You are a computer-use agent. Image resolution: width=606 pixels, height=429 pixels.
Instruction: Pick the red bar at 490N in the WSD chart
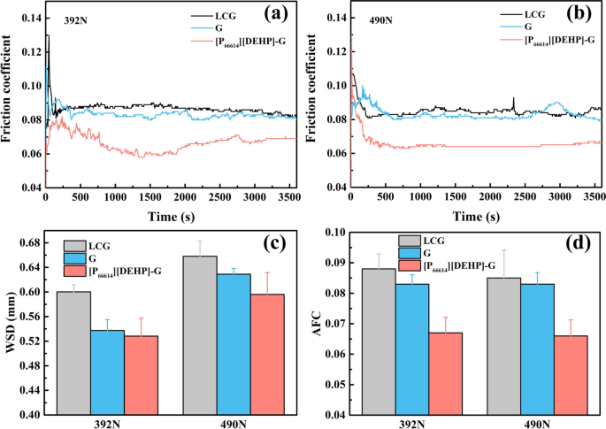pos(267,354)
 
